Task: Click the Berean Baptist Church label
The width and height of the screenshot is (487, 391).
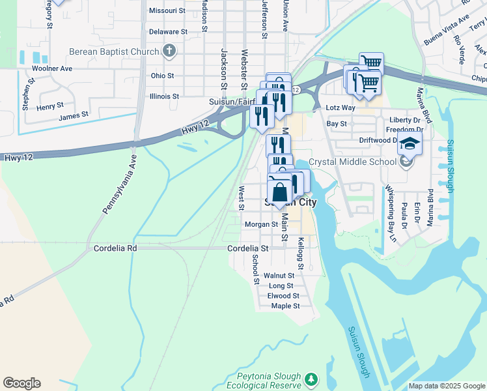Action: pos(114,51)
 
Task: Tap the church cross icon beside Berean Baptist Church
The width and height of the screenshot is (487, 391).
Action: pos(169,51)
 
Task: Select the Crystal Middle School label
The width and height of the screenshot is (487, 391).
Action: pos(352,161)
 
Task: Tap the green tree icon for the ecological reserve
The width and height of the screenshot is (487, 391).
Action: pos(312,378)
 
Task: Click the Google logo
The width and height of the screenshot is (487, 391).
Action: pos(21,383)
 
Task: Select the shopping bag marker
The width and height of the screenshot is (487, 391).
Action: pos(279,192)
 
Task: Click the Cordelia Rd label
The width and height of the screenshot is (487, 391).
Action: pos(115,248)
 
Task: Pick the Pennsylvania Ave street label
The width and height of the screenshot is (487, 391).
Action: pos(115,184)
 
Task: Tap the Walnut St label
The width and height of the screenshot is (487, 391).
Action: pos(283,276)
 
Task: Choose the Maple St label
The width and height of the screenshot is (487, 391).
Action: pos(285,306)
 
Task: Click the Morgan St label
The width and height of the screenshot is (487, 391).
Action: pos(261,224)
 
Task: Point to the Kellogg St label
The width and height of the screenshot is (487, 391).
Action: pos(300,253)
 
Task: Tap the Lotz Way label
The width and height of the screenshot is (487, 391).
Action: pos(341,108)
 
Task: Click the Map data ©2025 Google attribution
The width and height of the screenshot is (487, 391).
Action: pos(446,386)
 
